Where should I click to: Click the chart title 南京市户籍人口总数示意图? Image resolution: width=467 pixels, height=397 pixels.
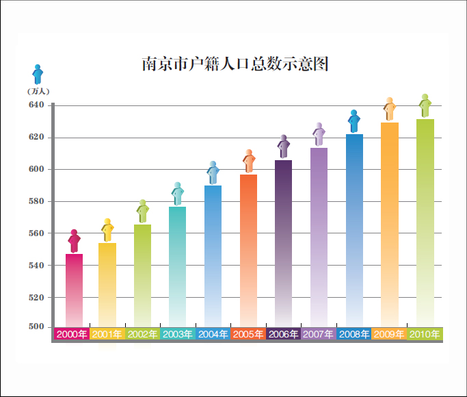(235, 64)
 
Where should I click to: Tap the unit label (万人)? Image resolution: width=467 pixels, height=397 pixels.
(38, 91)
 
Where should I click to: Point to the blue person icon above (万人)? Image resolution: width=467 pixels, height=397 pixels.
(38, 74)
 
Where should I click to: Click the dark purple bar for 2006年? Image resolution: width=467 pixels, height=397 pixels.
(283, 243)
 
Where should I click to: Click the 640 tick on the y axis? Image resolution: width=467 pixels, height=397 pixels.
(36, 105)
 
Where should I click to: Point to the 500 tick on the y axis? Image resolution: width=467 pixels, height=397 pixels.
(36, 326)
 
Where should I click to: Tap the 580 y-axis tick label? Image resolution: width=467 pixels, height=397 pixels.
(36, 201)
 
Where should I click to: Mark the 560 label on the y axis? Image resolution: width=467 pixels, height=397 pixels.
(36, 233)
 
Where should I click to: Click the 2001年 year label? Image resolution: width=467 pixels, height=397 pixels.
(107, 335)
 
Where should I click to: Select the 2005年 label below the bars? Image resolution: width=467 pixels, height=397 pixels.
(248, 335)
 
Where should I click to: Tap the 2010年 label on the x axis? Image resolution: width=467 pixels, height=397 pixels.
(425, 335)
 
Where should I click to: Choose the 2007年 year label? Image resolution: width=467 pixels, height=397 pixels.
(319, 335)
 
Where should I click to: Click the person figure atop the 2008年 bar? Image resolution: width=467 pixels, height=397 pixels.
(353, 121)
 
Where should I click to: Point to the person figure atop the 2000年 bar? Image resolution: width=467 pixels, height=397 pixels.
(74, 241)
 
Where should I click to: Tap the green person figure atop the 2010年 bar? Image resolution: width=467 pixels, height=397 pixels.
(425, 105)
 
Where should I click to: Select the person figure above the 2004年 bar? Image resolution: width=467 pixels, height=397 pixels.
(213, 172)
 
